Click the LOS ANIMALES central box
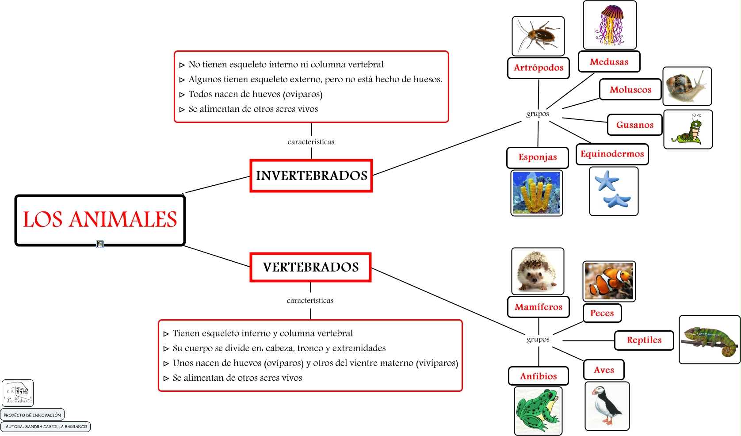(x=100, y=220)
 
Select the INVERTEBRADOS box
(x=311, y=176)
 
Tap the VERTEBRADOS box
(x=310, y=267)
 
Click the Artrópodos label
(x=538, y=68)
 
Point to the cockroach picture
(x=538, y=36)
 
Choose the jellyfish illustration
(x=610, y=25)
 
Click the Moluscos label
(x=630, y=89)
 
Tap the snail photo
(x=687, y=86)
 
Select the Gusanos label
(x=634, y=125)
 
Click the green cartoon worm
(x=688, y=129)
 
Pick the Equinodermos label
(x=612, y=154)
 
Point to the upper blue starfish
(x=607, y=180)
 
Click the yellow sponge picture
(x=536, y=193)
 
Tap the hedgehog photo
(x=538, y=271)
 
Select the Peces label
(x=602, y=313)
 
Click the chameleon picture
(x=709, y=340)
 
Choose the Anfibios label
(x=538, y=376)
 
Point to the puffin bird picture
(x=607, y=406)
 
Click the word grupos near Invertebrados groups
(x=537, y=114)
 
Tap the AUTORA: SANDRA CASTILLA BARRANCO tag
(x=46, y=427)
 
